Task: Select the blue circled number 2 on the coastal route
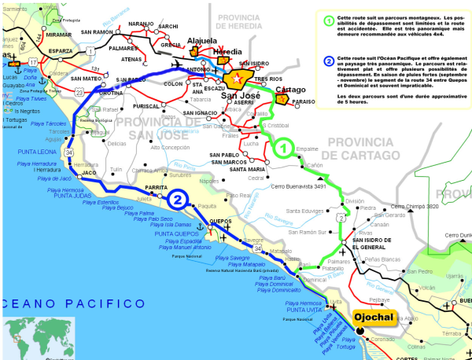click(x=179, y=200)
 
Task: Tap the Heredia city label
click(x=228, y=52)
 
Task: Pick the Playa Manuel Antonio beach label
click(x=186, y=248)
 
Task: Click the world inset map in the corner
click(x=39, y=337)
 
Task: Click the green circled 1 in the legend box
click(x=327, y=19)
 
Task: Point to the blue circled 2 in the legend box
click(x=327, y=61)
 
